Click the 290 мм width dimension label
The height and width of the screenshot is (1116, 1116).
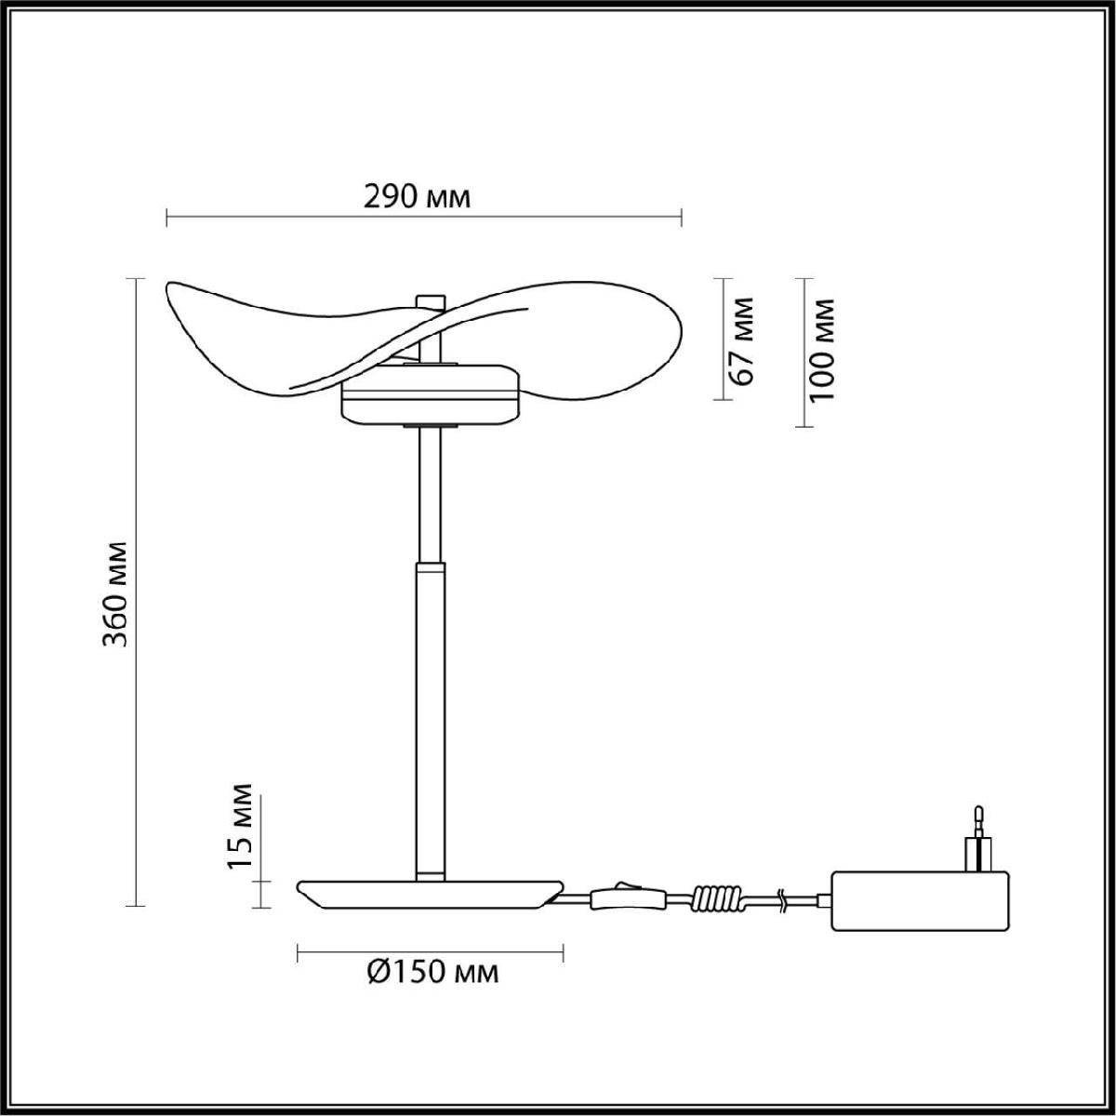tap(417, 198)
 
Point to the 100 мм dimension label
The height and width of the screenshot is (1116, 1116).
tap(822, 351)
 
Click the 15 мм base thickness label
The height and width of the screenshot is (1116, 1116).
tap(240, 835)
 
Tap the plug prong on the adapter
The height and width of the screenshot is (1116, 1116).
tap(978, 849)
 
